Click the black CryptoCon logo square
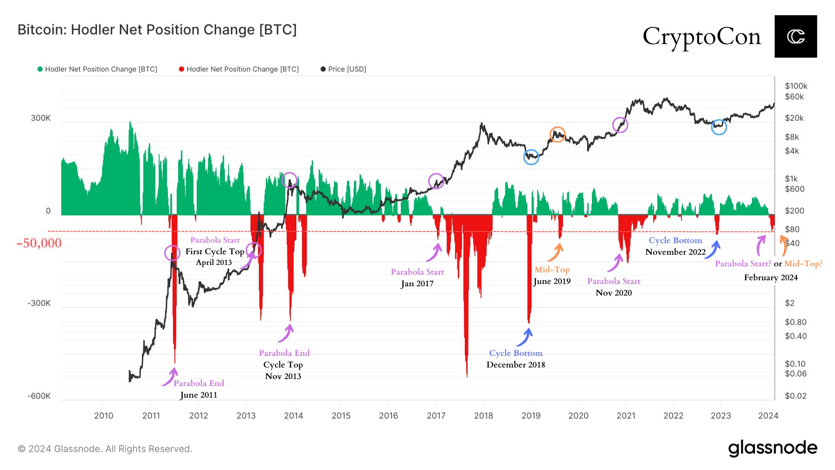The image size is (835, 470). pyautogui.click(x=795, y=36)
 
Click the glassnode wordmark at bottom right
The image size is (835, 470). pyautogui.click(x=772, y=448)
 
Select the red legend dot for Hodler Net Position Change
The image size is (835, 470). pyautogui.click(x=181, y=69)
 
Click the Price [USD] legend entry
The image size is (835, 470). pyautogui.click(x=343, y=69)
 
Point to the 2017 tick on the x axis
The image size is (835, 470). pyautogui.click(x=436, y=415)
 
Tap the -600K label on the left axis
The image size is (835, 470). pyautogui.click(x=39, y=396)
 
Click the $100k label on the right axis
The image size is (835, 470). pyautogui.click(x=796, y=86)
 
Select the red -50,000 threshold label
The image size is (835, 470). pyautogui.click(x=39, y=243)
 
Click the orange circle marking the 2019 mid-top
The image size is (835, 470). pyautogui.click(x=557, y=134)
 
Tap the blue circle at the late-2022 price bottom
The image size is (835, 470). pyautogui.click(x=719, y=127)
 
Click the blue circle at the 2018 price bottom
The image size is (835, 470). pyautogui.click(x=531, y=157)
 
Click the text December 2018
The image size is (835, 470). pyautogui.click(x=515, y=365)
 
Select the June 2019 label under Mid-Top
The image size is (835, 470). pyautogui.click(x=552, y=281)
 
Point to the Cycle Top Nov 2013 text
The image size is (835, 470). pyautogui.click(x=283, y=370)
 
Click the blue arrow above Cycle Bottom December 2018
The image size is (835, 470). pyautogui.click(x=525, y=337)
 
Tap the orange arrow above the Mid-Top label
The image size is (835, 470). pyautogui.click(x=556, y=252)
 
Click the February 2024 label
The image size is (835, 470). pyautogui.click(x=771, y=277)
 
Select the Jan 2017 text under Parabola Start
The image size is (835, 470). pyautogui.click(x=417, y=283)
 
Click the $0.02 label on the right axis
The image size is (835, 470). pyautogui.click(x=795, y=396)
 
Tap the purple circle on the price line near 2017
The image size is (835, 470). pyautogui.click(x=436, y=181)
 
